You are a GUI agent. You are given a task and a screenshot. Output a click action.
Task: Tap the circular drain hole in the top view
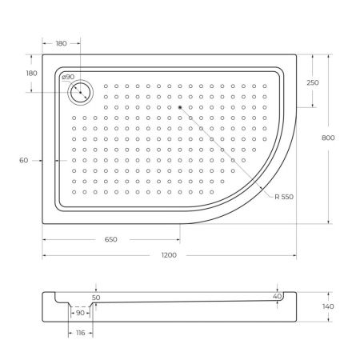click(81, 92)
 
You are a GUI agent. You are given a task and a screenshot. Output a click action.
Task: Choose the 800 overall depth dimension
click(328, 138)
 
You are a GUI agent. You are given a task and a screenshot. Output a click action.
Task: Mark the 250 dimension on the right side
click(312, 83)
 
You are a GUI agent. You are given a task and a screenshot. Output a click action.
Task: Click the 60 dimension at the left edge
click(24, 161)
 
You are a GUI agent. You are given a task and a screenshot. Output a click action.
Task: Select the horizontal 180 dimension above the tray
click(62, 45)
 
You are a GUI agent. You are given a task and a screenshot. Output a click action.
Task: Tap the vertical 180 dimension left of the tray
click(31, 73)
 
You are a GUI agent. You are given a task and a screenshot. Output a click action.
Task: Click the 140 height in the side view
click(328, 305)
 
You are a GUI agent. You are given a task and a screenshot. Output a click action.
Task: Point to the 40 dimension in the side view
click(277, 296)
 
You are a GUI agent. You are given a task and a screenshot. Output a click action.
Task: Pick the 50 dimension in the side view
click(96, 297)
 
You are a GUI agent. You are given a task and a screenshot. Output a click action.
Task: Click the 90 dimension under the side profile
click(80, 313)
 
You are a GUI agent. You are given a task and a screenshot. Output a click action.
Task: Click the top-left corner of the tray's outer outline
click(43, 55)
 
